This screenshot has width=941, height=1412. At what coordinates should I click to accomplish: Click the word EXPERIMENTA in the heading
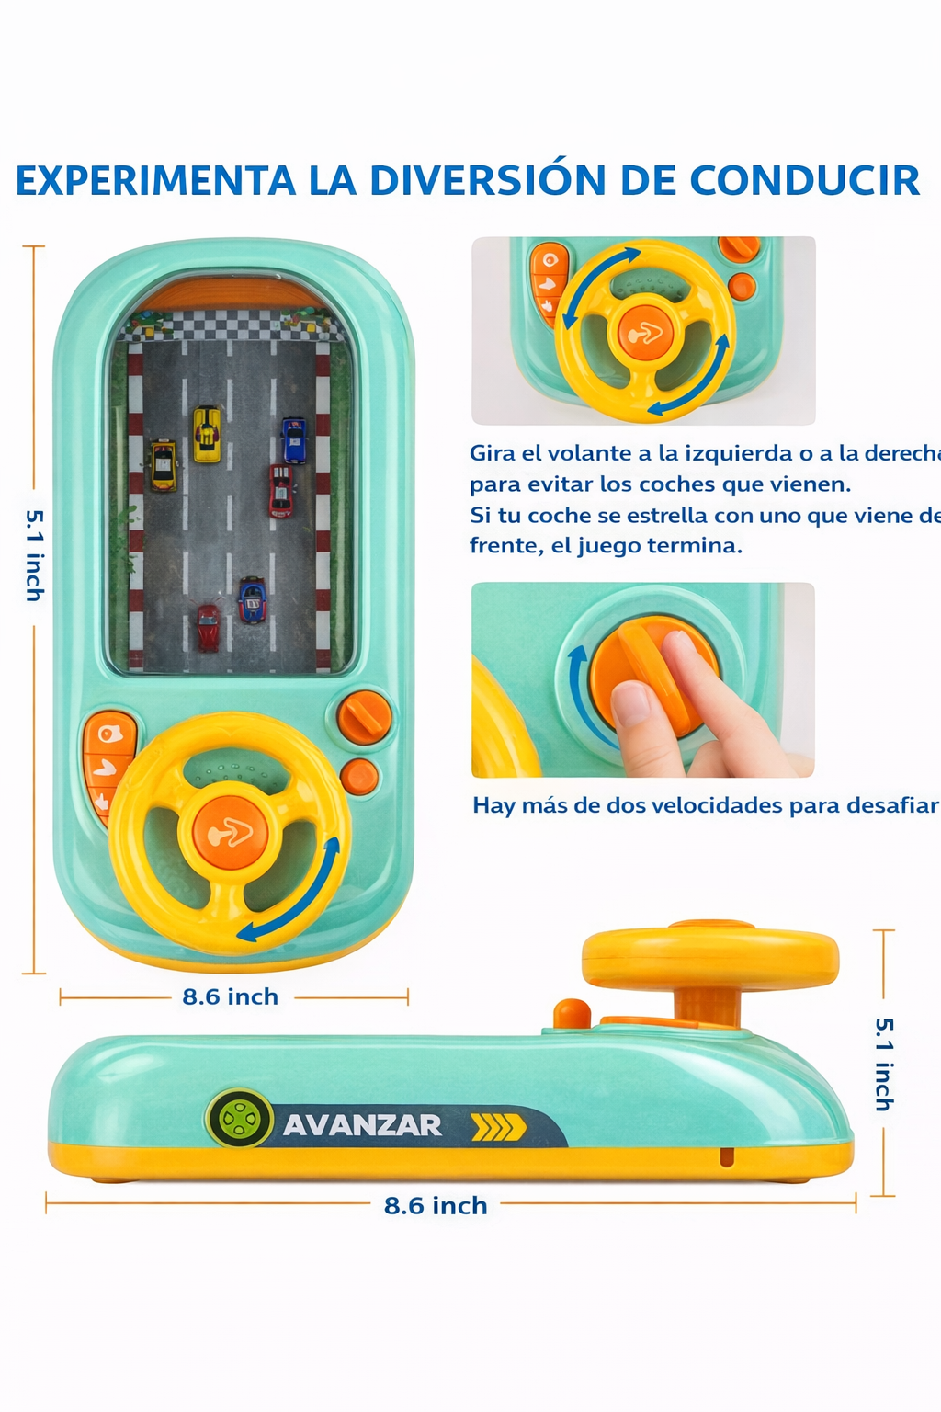155,181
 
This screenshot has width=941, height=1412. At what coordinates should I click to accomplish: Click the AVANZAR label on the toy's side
362,1125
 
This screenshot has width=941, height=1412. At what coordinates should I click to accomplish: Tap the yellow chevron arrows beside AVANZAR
498,1127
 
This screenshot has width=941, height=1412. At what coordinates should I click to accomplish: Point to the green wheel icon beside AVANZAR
240,1119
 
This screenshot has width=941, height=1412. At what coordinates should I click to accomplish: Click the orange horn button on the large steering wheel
230,833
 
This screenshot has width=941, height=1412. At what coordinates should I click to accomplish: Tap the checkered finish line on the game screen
230,325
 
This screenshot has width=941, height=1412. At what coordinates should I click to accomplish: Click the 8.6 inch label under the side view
436,1205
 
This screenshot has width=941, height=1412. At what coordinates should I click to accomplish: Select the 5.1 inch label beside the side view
883,1064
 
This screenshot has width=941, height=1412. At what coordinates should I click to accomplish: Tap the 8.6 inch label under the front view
230,996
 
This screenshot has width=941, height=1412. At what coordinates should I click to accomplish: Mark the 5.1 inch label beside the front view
34,555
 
